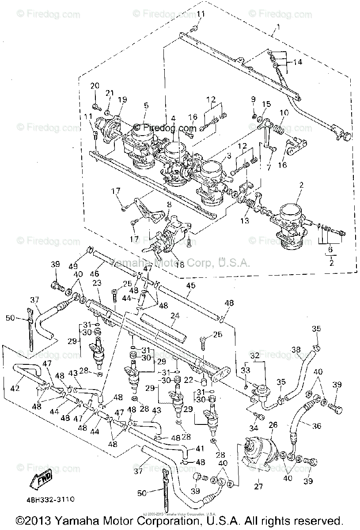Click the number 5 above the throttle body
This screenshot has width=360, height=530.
(x=146, y=106)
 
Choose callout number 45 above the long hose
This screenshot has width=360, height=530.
(x=190, y=285)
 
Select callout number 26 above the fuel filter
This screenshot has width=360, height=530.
(x=273, y=425)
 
